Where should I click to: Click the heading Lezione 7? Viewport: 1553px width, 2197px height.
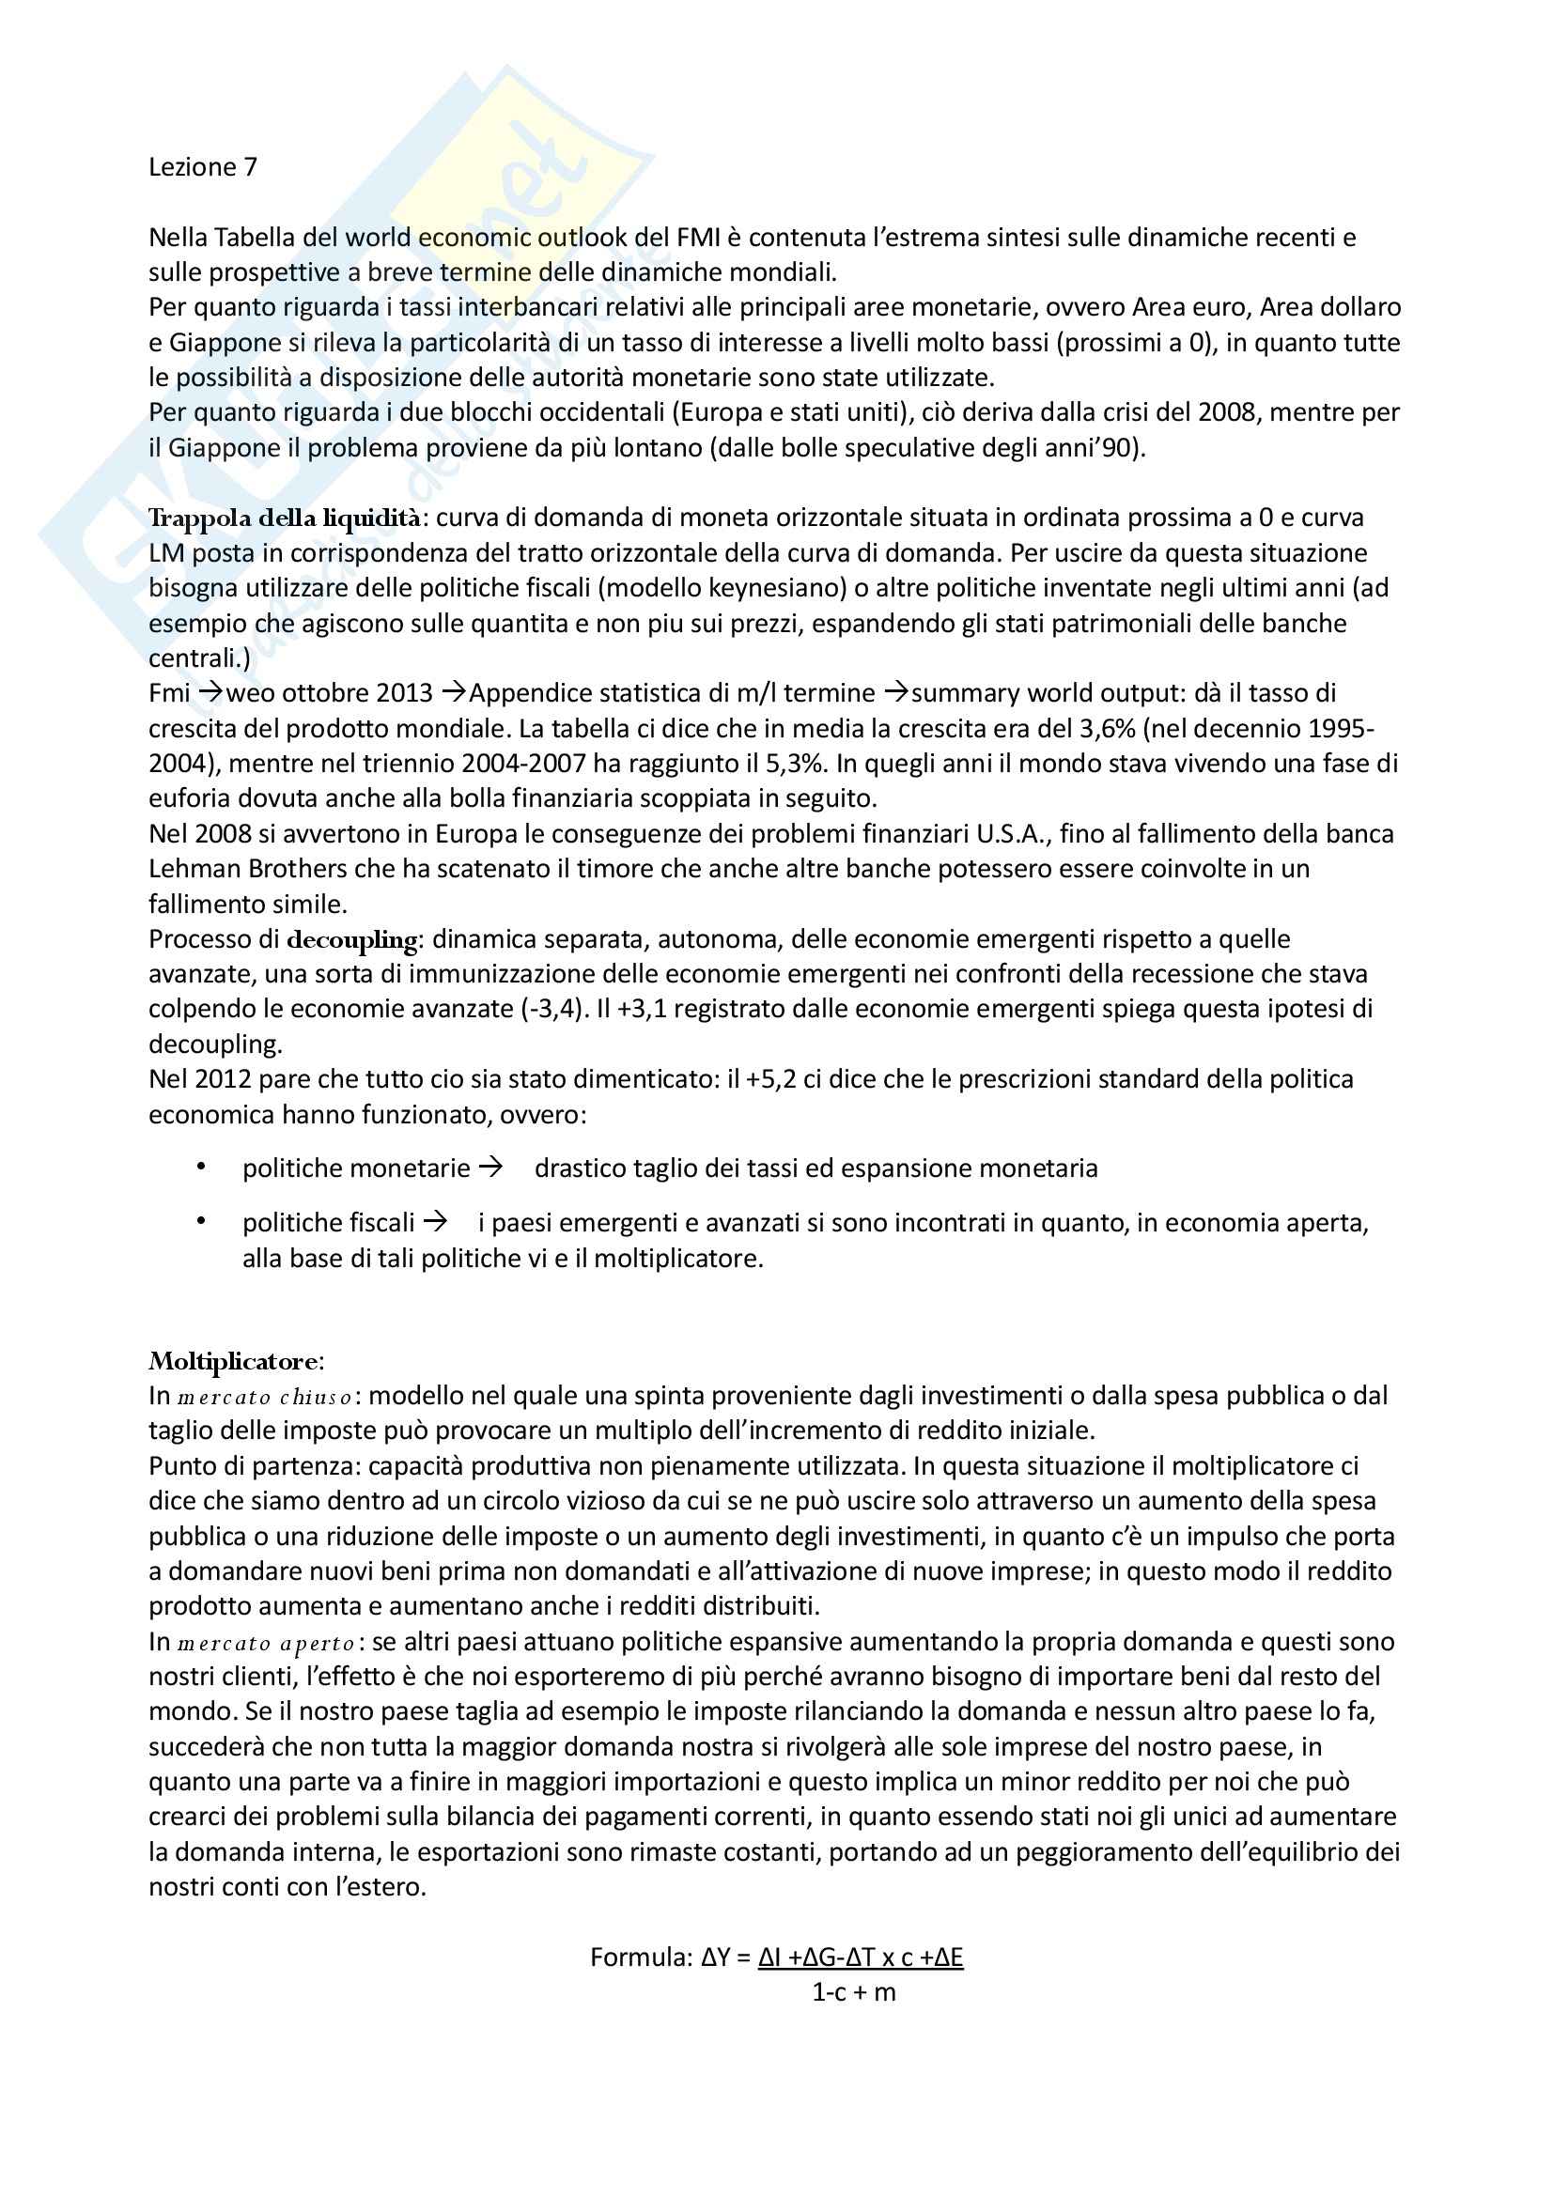pos(203,167)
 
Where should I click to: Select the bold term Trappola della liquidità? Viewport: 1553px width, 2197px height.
pos(284,518)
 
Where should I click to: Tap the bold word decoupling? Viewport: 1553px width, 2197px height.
pos(352,940)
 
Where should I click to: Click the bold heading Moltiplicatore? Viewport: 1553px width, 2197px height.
pos(236,1361)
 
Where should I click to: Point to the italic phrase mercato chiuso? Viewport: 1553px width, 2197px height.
pos(264,1397)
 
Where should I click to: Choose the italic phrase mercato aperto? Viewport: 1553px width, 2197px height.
pos(266,1644)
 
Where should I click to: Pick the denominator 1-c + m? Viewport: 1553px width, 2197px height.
pos(853,1992)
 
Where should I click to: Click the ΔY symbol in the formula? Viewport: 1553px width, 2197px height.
pos(718,1957)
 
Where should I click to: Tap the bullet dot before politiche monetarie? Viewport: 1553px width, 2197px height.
pos(201,1167)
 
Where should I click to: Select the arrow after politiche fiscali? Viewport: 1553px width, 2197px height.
pos(435,1222)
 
